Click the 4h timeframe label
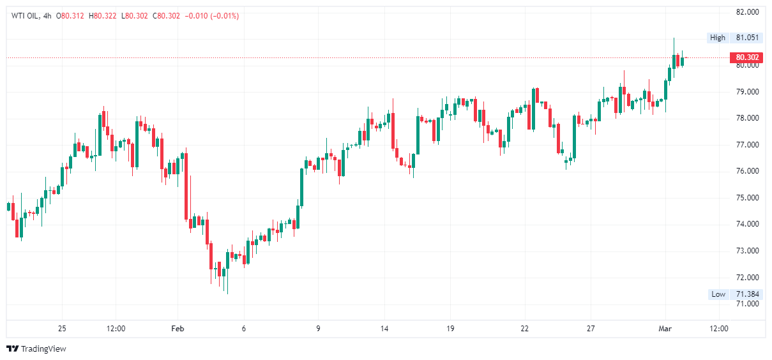tap(46, 16)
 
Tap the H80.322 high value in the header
tap(103, 16)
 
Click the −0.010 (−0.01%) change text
tap(211, 16)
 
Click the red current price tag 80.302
tap(746, 57)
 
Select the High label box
tap(718, 38)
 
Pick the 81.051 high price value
tap(746, 38)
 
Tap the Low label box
tap(718, 294)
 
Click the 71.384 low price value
tap(746, 294)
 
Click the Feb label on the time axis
tap(178, 329)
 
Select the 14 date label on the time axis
tap(384, 329)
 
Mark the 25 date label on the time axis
tap(62, 329)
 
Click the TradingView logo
tap(36, 349)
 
